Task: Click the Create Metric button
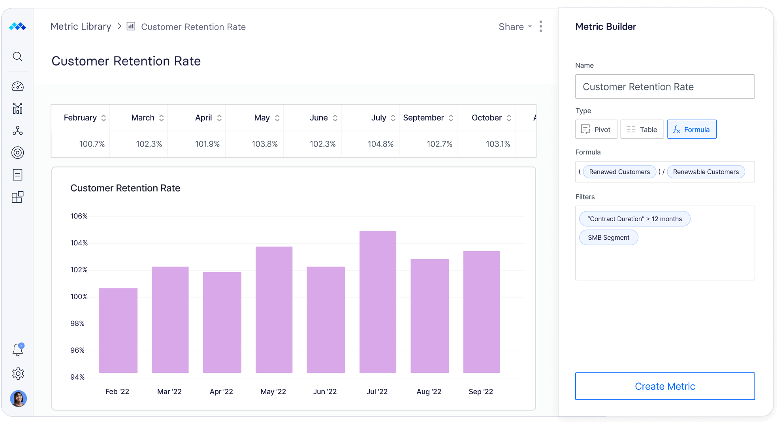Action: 665,386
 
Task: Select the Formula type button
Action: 691,129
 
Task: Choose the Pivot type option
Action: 596,129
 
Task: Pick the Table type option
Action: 642,129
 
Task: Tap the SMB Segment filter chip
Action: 608,237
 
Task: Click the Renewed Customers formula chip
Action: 619,172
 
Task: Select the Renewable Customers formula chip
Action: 706,172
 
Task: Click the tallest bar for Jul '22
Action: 378,302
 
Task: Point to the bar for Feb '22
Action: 118,330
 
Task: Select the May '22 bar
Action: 274,310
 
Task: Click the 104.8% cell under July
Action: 380,144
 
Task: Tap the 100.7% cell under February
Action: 92,144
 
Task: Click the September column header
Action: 423,118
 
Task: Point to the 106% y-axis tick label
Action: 79,216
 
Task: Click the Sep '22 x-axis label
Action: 480,391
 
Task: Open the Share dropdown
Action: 515,27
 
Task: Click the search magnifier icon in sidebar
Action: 17,56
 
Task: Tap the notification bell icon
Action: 18,350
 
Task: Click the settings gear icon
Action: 18,374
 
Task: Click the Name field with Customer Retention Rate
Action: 664,87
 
